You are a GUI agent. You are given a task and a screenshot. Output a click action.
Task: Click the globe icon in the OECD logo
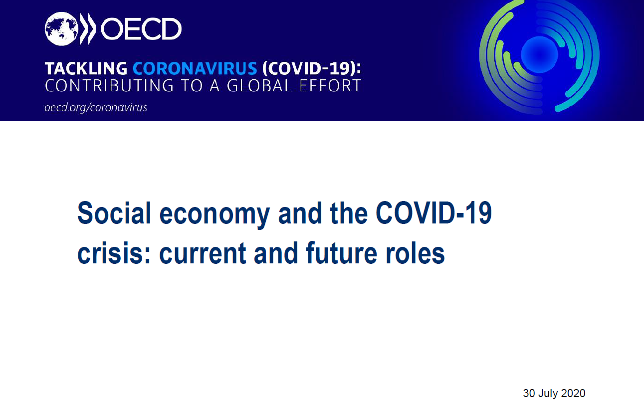(x=61, y=29)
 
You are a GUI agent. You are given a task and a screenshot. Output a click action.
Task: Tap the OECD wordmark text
(x=141, y=29)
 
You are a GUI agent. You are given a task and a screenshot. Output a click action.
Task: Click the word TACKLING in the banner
(x=86, y=68)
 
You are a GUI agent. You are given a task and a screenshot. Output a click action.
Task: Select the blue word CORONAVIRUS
(x=195, y=68)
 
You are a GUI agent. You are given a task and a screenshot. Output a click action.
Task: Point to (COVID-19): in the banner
(x=312, y=68)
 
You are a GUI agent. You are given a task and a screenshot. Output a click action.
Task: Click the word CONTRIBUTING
(x=109, y=85)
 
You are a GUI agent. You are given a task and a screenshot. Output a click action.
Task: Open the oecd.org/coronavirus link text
(x=96, y=108)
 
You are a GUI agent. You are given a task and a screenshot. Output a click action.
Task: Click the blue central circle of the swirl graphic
(x=539, y=55)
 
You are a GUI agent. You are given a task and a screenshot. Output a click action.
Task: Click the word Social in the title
(x=114, y=213)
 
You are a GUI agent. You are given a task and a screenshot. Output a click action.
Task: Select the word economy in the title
(x=215, y=215)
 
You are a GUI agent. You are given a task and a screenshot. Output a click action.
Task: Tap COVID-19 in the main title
(x=434, y=213)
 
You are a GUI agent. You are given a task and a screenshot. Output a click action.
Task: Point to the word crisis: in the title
(x=114, y=253)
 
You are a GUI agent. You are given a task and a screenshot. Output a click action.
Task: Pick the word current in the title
(x=203, y=253)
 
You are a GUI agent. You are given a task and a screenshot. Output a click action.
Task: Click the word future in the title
(x=341, y=252)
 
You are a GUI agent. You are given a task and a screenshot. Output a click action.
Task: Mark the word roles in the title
(x=415, y=252)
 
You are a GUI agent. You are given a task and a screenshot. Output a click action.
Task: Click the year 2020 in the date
(x=573, y=394)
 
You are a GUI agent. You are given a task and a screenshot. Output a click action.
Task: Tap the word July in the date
(x=548, y=394)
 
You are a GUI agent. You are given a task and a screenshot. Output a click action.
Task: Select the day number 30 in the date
(x=529, y=394)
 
